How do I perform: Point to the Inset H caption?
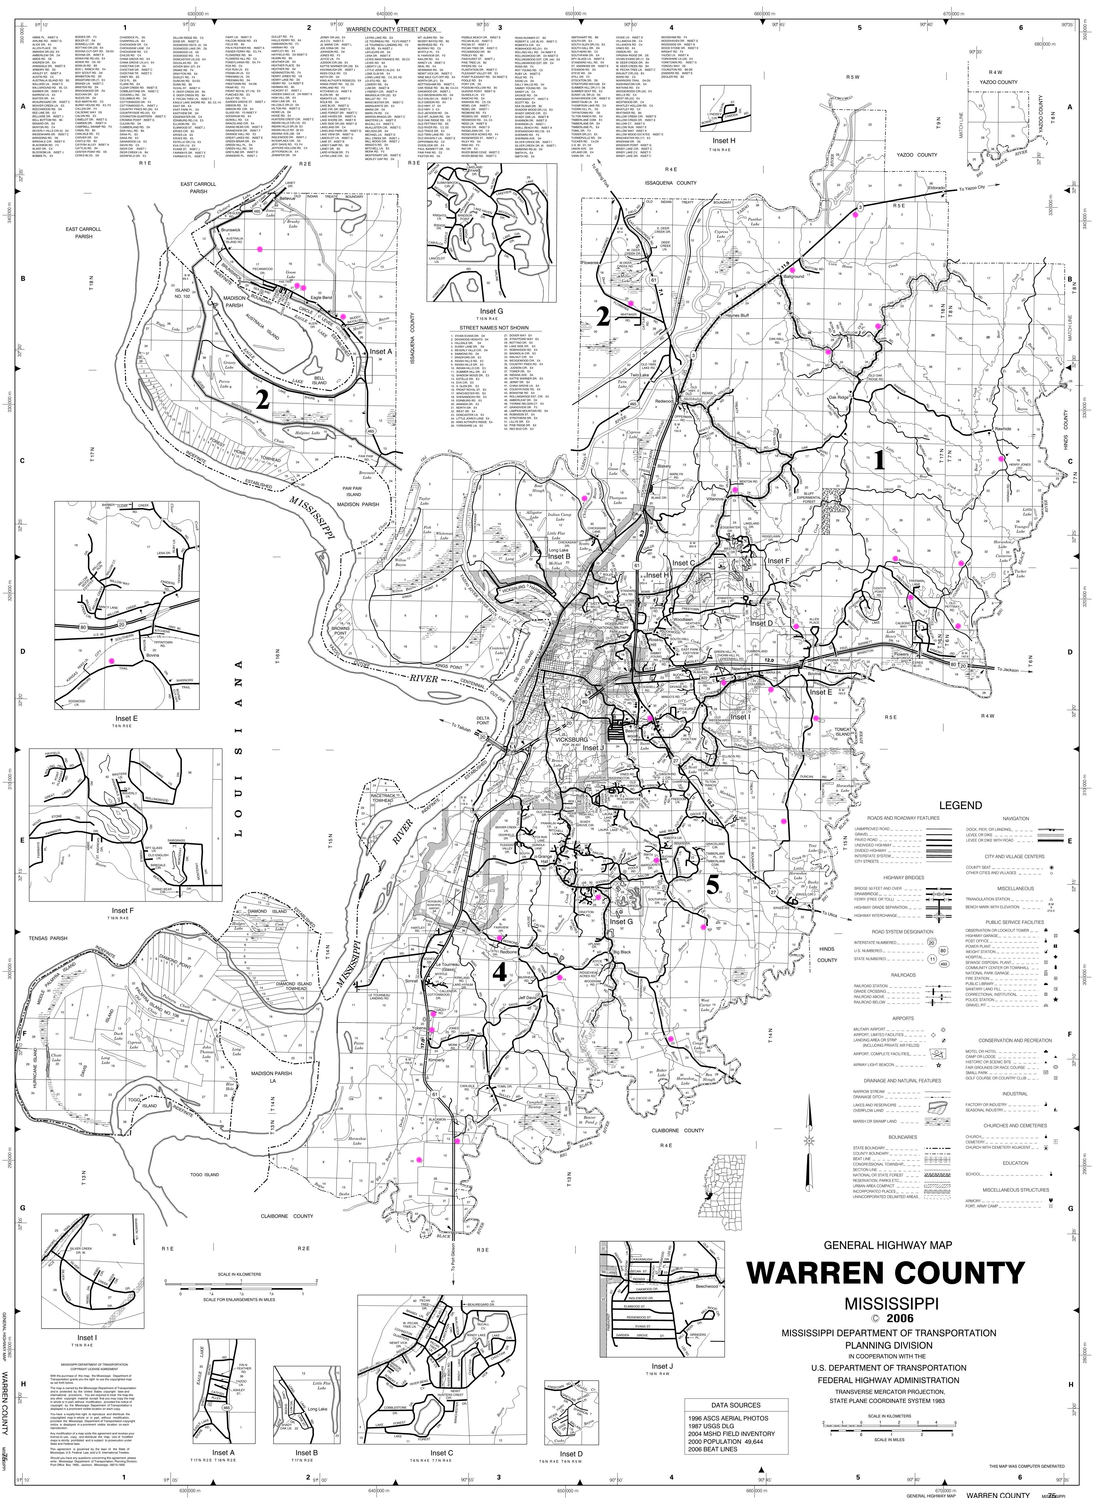pyautogui.click(x=723, y=141)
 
